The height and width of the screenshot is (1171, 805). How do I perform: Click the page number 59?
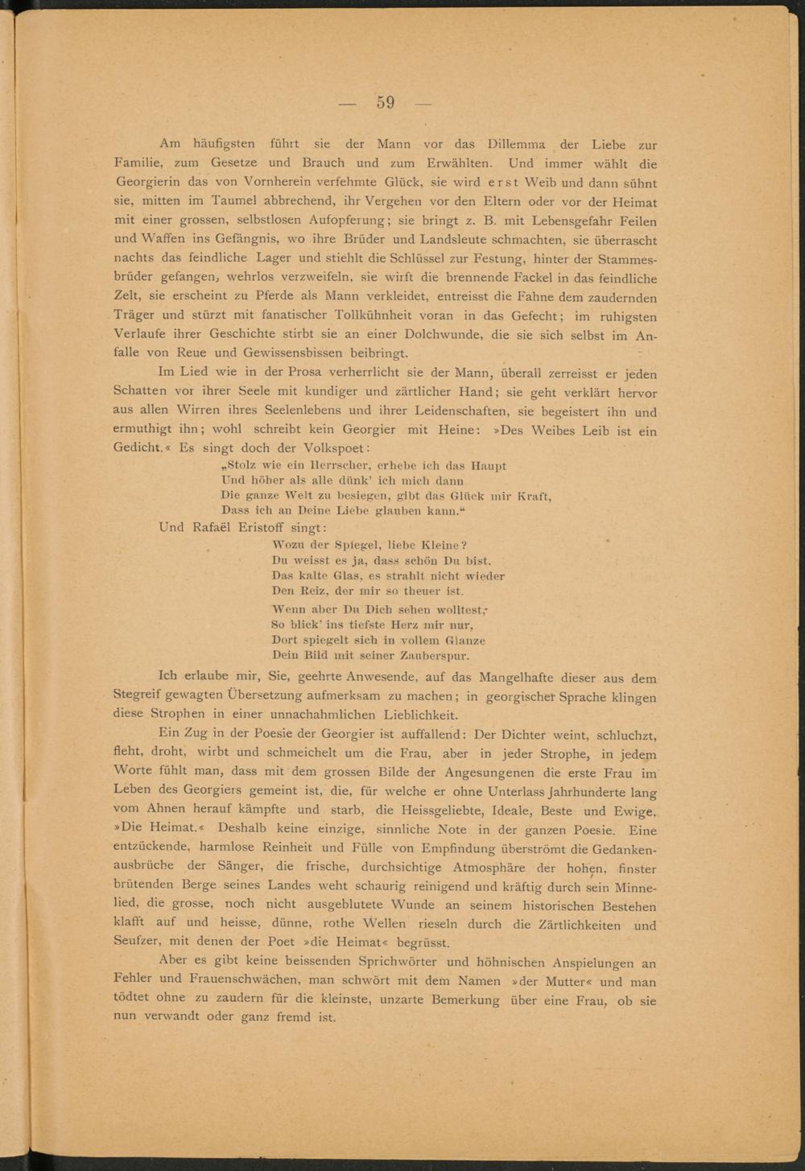[x=385, y=103]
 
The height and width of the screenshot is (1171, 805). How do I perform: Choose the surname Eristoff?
[x=254, y=528]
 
